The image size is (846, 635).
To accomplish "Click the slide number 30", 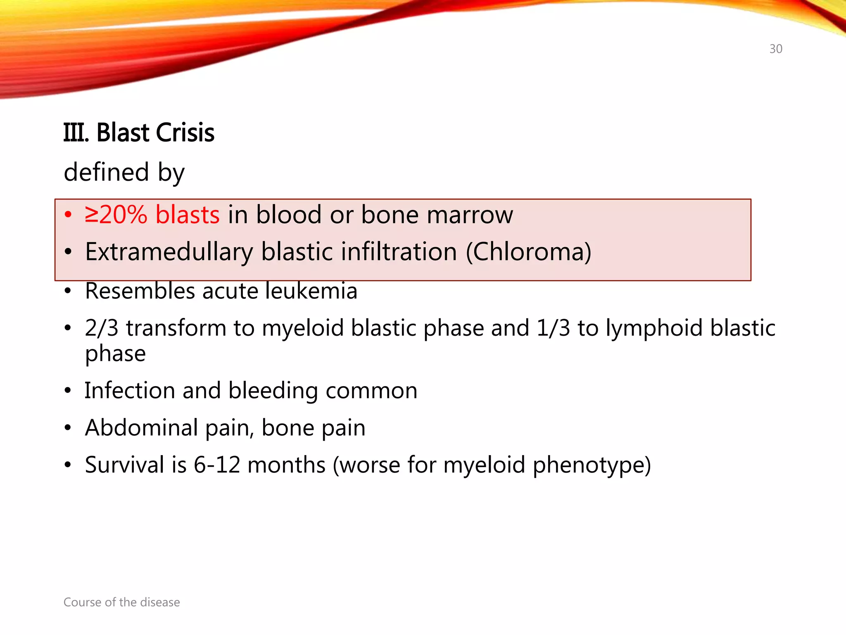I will click(775, 49).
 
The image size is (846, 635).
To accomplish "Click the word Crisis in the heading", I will click(185, 133).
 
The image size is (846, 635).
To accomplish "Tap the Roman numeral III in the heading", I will click(75, 133).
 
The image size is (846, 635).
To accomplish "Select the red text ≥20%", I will click(116, 215).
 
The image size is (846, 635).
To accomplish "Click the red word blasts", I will click(187, 215).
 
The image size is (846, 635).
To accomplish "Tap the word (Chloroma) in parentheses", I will click(529, 252).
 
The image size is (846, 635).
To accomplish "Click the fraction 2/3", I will click(102, 328).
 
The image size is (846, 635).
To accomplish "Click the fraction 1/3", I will click(553, 328).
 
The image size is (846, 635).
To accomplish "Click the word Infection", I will click(130, 390).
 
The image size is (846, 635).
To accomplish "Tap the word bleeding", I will click(273, 391).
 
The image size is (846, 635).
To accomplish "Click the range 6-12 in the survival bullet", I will click(217, 465).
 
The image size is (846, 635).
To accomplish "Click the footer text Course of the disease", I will click(121, 602).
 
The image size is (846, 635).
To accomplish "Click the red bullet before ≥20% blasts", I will click(68, 215).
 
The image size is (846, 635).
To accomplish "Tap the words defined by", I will click(124, 172).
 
